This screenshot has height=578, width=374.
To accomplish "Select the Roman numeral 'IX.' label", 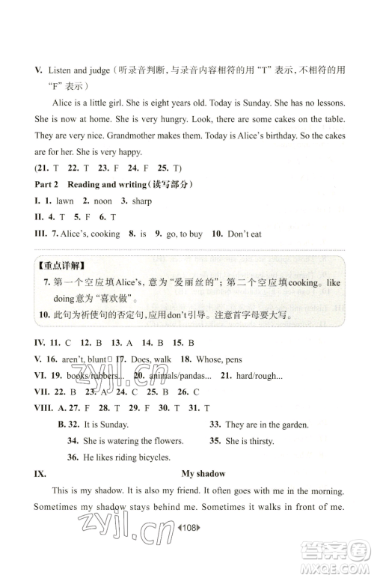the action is coord(32,474).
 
